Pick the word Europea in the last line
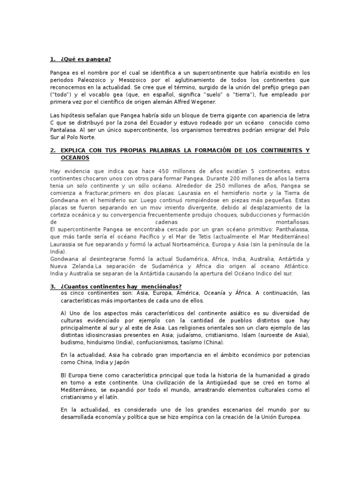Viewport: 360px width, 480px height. tap(289, 417)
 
